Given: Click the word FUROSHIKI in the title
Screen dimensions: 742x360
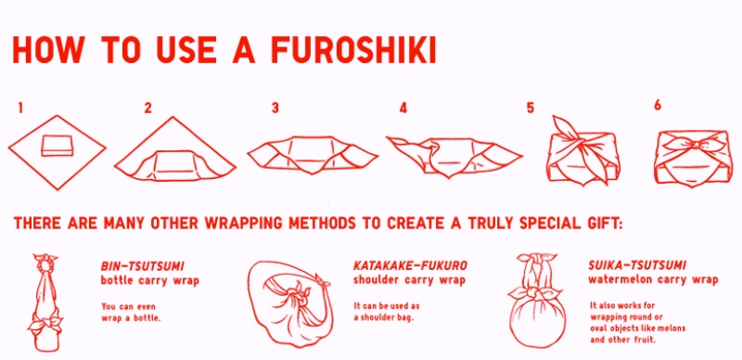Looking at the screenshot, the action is click(x=353, y=49).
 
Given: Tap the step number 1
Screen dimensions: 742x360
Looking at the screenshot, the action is click(x=19, y=109).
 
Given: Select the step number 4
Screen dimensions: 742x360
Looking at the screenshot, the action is click(x=403, y=109).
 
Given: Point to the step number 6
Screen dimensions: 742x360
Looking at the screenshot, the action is click(x=658, y=106).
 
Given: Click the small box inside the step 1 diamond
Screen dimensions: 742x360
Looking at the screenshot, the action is click(x=58, y=145).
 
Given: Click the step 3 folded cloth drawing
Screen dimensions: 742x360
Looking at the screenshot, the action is click(x=313, y=155).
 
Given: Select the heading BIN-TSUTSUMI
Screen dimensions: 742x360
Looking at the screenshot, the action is click(x=143, y=265).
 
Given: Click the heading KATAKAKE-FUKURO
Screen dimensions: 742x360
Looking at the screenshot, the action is click(x=410, y=265).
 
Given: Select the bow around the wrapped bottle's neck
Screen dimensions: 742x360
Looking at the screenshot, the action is click(x=45, y=324).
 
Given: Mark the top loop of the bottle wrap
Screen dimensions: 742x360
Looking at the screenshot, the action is click(x=45, y=263).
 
